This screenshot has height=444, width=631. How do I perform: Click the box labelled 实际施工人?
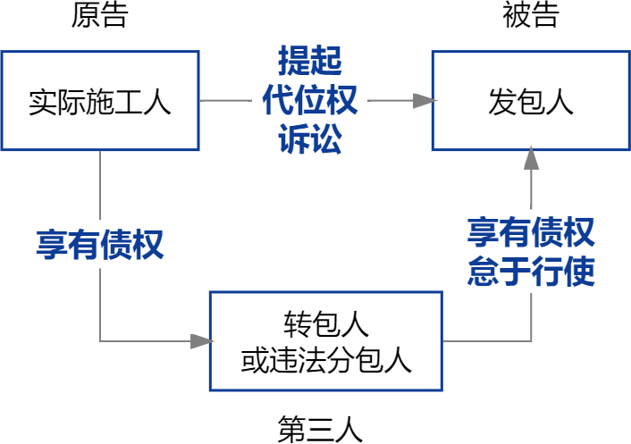(x=99, y=100)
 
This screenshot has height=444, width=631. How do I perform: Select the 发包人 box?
(x=531, y=100)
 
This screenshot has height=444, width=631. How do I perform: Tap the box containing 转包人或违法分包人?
(x=325, y=340)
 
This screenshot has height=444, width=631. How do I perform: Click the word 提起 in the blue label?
(x=309, y=62)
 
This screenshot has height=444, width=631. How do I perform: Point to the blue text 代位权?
(x=309, y=101)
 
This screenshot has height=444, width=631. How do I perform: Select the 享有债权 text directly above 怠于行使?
(x=531, y=234)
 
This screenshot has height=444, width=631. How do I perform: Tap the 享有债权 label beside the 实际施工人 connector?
(x=99, y=245)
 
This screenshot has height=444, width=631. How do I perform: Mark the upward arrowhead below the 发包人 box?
(x=531, y=160)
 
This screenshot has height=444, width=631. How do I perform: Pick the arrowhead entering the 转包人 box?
(x=201, y=340)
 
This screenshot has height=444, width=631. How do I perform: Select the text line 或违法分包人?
(x=325, y=360)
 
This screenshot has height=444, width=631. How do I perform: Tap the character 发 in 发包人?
(x=502, y=101)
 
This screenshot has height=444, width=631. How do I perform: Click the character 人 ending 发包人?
(x=559, y=101)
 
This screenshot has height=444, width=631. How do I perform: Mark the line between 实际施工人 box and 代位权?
(x=225, y=100)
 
